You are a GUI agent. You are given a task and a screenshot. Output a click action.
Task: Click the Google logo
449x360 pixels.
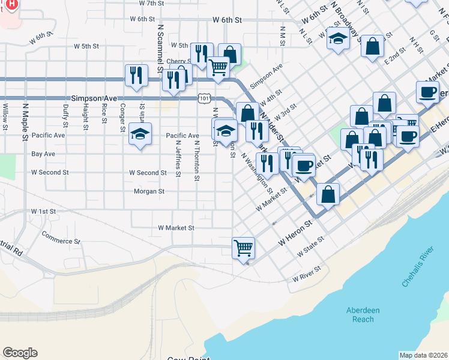20,353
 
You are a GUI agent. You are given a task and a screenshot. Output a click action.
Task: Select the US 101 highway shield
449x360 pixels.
205,98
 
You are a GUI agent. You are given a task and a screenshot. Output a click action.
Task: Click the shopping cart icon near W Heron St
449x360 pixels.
243,247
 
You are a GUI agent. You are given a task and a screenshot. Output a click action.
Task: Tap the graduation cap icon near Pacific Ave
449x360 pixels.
140,133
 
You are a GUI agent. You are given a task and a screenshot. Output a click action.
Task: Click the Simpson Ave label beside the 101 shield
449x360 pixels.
94,98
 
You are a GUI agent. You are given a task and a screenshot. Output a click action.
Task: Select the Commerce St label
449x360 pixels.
61,241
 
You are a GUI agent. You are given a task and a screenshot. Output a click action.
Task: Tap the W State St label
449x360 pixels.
311,247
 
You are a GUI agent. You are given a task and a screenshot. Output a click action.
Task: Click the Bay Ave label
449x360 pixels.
43,154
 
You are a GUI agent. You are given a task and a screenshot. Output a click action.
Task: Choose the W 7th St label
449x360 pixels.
151,3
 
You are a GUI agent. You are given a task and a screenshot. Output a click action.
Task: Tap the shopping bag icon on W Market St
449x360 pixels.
328,194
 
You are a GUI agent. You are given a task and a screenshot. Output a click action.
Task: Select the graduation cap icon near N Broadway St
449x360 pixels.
339,40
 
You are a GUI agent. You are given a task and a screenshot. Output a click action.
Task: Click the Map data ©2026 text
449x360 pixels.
423,355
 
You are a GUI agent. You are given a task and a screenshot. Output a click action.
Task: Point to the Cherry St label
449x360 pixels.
178,61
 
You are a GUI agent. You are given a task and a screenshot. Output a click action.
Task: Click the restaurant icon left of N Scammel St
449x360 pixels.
136,76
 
